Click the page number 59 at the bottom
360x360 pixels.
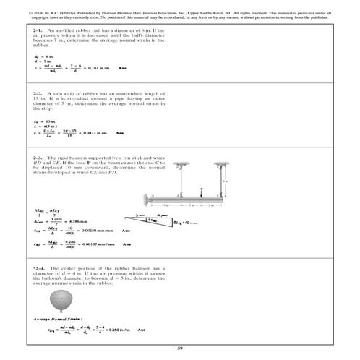coord(180,349)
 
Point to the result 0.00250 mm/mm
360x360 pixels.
coord(98,230)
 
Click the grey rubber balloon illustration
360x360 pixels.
coord(57,299)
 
